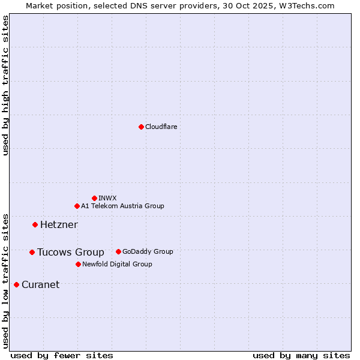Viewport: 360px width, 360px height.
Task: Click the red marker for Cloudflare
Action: [141, 127]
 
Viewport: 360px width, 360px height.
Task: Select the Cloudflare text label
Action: [161, 127]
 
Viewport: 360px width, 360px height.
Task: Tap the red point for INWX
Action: [94, 198]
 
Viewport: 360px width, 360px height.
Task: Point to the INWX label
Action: [107, 198]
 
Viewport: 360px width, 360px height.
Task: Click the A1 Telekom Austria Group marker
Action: [77, 206]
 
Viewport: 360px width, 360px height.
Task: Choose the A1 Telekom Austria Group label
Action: [122, 206]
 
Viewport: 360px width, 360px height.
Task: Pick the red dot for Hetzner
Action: [35, 224]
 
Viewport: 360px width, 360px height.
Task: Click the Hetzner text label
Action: [59, 225]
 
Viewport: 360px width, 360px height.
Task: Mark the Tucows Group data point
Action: [32, 252]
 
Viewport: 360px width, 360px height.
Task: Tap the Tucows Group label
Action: [70, 253]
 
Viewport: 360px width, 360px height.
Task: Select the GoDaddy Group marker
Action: [118, 251]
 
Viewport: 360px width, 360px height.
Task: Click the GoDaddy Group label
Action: [148, 252]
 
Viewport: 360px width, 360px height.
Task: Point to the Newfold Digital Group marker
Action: [78, 264]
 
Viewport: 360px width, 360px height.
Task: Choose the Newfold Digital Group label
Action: [117, 264]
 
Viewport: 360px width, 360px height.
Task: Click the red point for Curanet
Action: [16, 284]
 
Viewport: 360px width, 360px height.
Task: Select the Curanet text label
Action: [40, 285]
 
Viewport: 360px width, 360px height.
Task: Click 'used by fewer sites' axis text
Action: [62, 356]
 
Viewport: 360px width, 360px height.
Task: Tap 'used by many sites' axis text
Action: [301, 356]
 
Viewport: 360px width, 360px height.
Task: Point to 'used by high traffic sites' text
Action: [6, 85]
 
